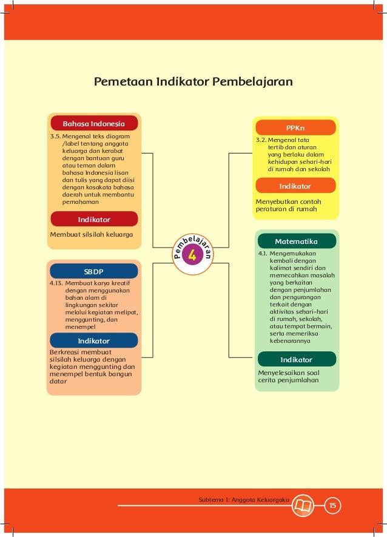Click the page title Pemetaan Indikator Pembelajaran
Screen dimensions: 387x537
(x=192, y=82)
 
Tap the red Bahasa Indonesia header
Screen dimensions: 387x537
(x=94, y=123)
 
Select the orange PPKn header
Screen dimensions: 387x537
(x=295, y=128)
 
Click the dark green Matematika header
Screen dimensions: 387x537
(x=296, y=241)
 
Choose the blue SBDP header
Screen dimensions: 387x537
(x=93, y=271)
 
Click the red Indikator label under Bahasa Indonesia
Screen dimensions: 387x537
(x=94, y=218)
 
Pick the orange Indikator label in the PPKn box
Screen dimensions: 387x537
(x=295, y=186)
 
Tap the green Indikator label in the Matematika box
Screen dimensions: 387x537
(x=296, y=359)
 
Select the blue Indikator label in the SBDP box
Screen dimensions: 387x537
(x=94, y=340)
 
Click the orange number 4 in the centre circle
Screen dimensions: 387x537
(x=192, y=256)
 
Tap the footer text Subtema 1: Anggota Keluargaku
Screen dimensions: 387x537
(x=243, y=499)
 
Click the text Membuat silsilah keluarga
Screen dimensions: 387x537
(x=92, y=234)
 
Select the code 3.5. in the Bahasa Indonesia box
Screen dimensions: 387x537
(x=56, y=137)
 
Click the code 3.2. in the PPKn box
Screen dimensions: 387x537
(x=261, y=140)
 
